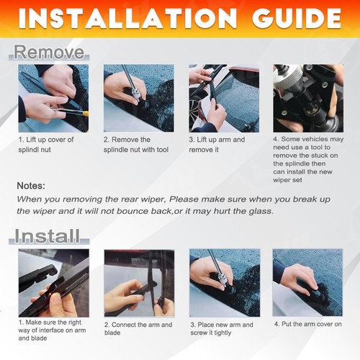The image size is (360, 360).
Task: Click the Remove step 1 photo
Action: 53,98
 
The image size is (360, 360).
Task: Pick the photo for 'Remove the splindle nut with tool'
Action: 138,98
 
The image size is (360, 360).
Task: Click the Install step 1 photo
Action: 53,283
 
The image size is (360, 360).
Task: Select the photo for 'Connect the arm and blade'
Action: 138,283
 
